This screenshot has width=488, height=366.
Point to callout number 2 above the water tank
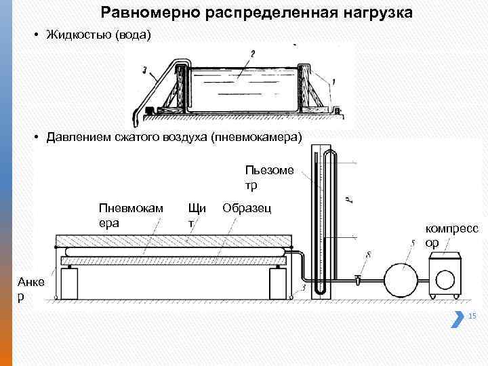pos(252,54)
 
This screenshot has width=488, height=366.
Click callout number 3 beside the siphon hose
pos(145,68)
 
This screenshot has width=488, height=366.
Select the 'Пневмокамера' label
pos(130,214)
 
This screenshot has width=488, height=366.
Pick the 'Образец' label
pos(247,207)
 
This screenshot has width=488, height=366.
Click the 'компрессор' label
pos(451,236)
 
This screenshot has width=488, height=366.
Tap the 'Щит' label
pos(197,214)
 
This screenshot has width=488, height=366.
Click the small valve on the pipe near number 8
pos(357,279)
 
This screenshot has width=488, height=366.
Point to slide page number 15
pos(472,316)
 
